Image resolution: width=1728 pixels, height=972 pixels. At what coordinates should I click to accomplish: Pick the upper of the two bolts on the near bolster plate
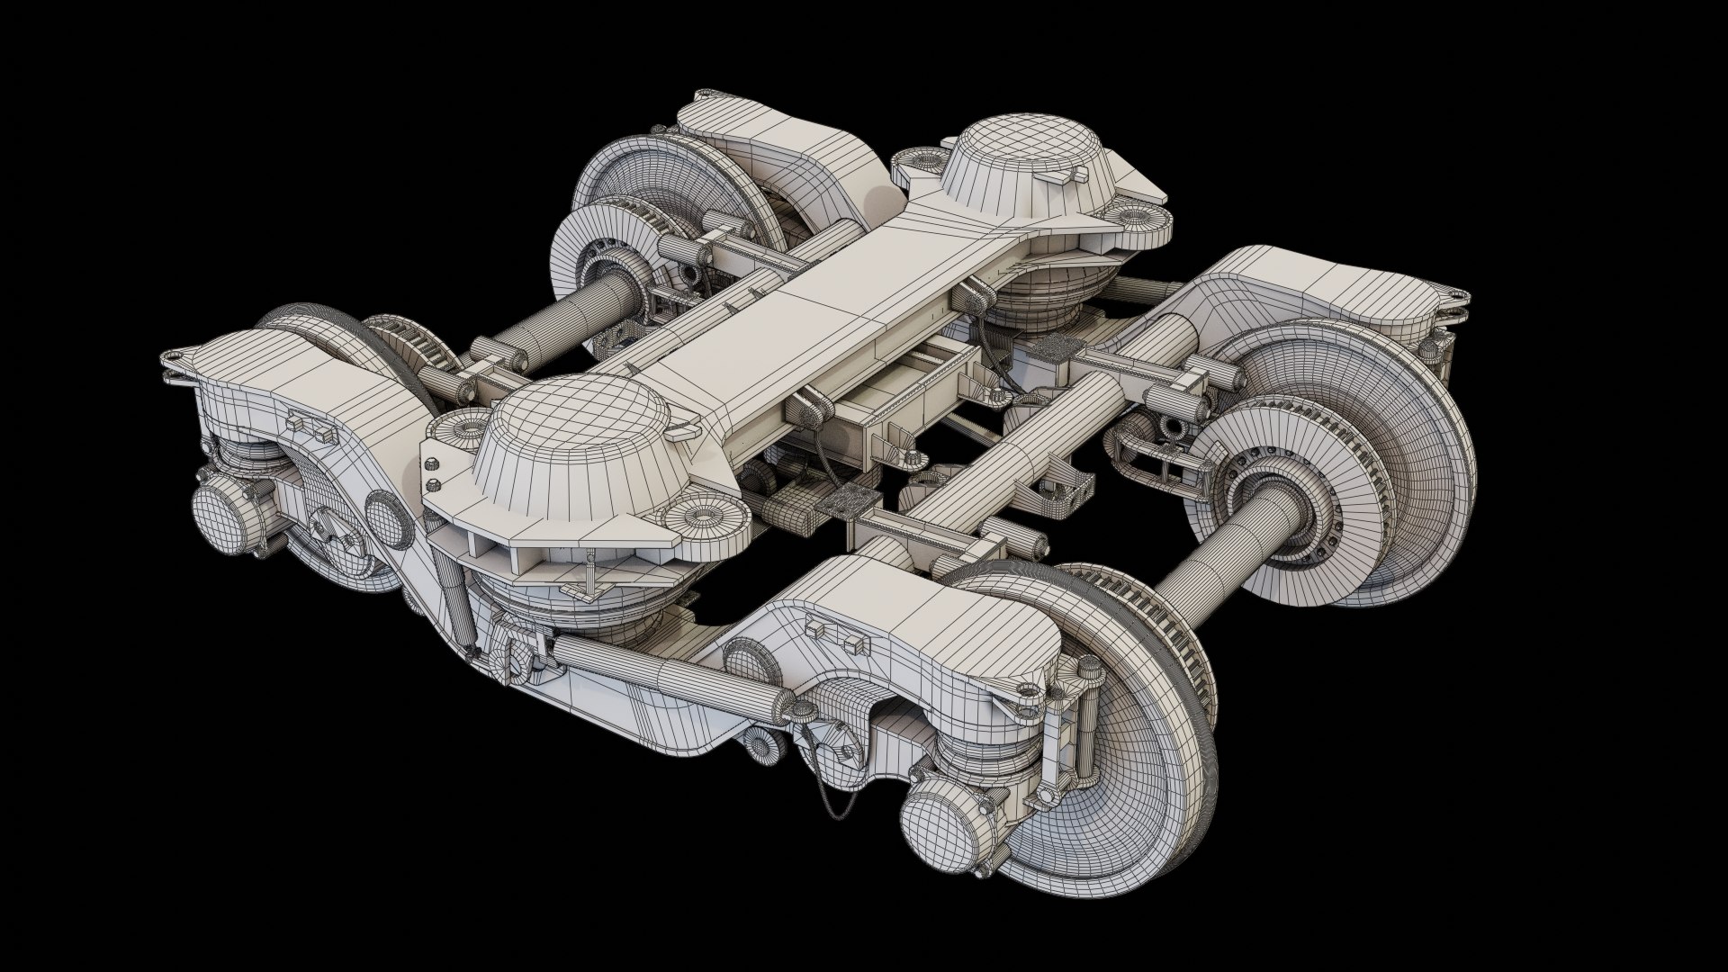(432, 463)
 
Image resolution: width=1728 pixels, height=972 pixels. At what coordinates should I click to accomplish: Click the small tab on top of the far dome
(1065, 177)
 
